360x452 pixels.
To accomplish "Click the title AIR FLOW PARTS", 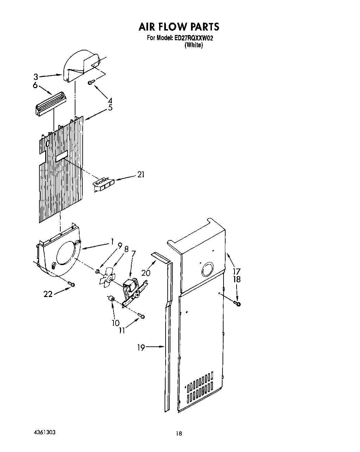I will [x=179, y=26].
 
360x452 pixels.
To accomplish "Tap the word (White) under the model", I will [x=194, y=45].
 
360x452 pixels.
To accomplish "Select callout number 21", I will [x=141, y=175].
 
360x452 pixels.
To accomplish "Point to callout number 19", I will [x=141, y=347].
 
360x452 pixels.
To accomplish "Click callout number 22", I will [x=48, y=294].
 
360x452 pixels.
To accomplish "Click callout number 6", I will [x=35, y=86].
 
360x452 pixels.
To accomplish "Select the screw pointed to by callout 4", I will [x=91, y=82].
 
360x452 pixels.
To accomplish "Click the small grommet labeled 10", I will [x=111, y=299].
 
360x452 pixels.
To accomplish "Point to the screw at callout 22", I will [x=71, y=284].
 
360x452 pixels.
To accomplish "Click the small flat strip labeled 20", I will [x=160, y=258].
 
